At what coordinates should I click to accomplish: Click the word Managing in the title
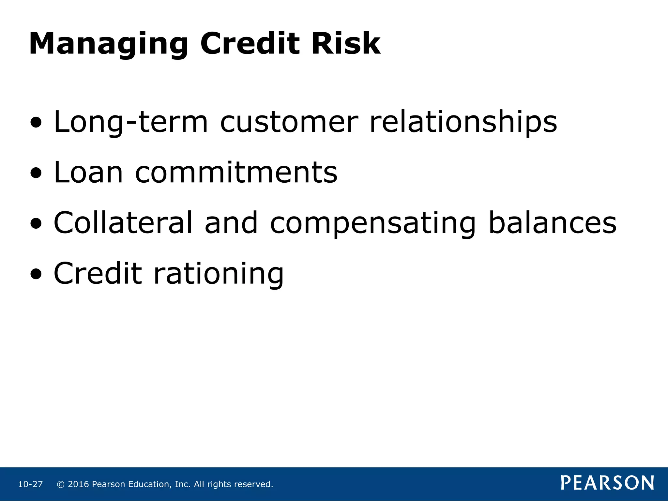click(x=109, y=44)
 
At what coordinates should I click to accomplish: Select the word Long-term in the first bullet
click(x=130, y=122)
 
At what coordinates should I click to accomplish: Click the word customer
click(x=289, y=122)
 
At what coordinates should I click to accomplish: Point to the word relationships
click(x=463, y=122)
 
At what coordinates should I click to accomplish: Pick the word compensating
click(x=373, y=223)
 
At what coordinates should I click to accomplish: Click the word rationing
click(x=219, y=274)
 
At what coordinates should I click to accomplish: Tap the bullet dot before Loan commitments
click(x=36, y=173)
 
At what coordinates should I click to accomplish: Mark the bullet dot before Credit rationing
click(x=36, y=274)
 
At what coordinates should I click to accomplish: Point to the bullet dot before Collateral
click(x=36, y=224)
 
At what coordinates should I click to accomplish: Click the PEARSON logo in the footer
click(x=607, y=483)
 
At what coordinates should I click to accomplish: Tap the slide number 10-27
click(x=30, y=484)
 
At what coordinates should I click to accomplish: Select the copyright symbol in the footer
click(x=61, y=484)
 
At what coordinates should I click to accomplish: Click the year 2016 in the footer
click(x=78, y=484)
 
